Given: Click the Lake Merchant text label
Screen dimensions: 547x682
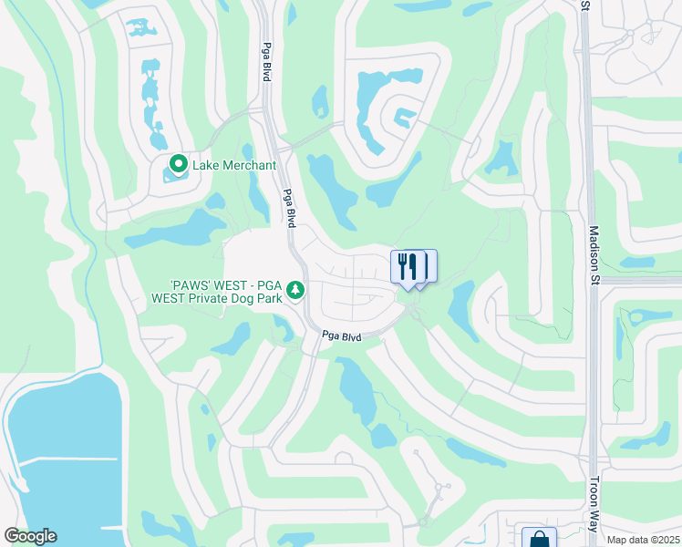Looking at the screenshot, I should pos(233,165).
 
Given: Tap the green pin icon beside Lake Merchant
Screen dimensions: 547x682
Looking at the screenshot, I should pos(178,165).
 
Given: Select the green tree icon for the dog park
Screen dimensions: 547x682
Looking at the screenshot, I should pos(294,290).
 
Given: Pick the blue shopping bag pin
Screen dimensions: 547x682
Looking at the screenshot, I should pos(538,539).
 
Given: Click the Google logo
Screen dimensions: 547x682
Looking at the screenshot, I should pos(30,536).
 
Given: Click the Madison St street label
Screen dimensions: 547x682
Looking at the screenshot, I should pos(594,256).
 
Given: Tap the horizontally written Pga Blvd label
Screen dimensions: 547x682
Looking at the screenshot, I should pos(342,337).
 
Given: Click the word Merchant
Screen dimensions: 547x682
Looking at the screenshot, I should pos(249,165).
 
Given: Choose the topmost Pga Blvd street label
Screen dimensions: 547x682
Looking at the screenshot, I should pos(266,64).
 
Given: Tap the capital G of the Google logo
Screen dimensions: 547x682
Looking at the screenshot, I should pos(12,536).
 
